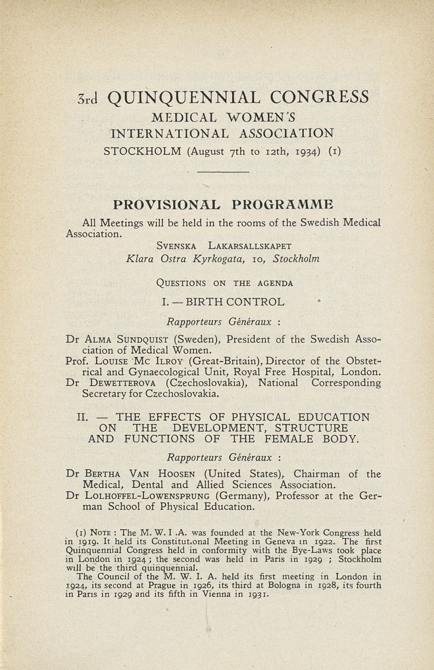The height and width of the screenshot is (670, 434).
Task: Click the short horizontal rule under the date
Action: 222,172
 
